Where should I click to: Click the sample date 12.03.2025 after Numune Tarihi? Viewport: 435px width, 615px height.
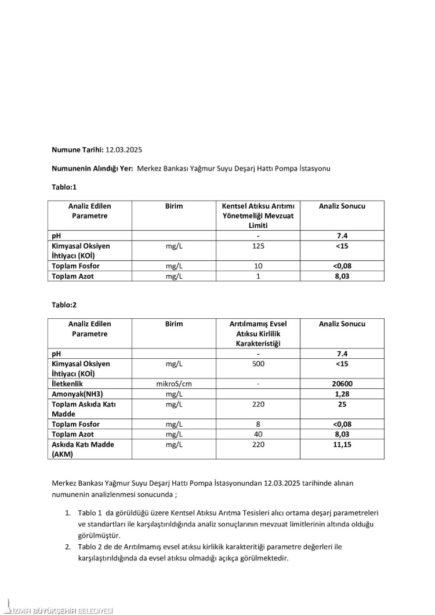click(x=124, y=150)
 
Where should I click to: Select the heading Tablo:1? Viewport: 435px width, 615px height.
click(x=64, y=187)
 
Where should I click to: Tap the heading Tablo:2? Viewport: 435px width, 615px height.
click(x=64, y=305)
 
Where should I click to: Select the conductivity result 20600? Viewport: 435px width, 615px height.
click(x=342, y=384)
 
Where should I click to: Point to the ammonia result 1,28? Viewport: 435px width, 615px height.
click(x=342, y=394)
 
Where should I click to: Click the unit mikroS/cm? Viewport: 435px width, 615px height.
click(x=173, y=384)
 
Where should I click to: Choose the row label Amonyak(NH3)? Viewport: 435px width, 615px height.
click(x=77, y=394)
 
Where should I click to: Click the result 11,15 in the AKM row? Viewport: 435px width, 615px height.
click(x=342, y=445)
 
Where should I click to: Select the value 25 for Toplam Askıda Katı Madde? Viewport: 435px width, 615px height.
click(x=342, y=404)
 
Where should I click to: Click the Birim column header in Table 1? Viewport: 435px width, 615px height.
click(x=173, y=206)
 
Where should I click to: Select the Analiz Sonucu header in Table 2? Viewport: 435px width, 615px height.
click(x=342, y=324)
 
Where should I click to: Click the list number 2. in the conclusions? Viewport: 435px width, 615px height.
click(x=67, y=547)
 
